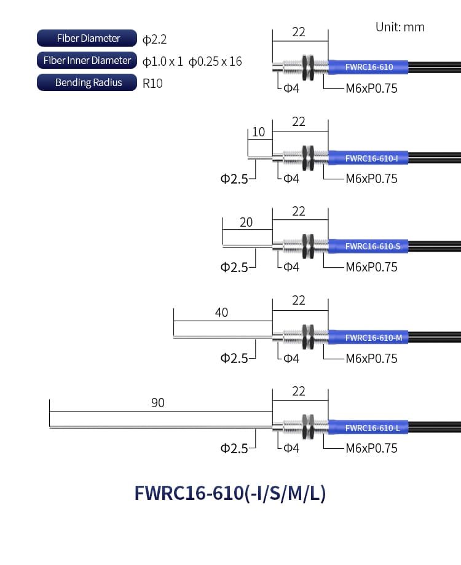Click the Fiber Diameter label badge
pos(87,38)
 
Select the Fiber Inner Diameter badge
pos(87,60)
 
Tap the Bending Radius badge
pos(87,82)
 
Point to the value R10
pos(152,83)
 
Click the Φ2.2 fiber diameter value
pos(154,40)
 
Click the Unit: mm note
pos(400,27)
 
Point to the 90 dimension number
pos(158,403)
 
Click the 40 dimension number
pos(221,313)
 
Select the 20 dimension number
pos(246,222)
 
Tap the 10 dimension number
pos(259,132)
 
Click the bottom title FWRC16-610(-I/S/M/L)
pos(230,493)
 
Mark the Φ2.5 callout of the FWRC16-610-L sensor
pos(234,448)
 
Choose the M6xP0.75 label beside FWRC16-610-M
pos(371,358)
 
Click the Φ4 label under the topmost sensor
pos(291,89)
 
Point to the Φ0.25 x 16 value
pos(215,61)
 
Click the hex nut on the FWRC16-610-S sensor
pos(308,246)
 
